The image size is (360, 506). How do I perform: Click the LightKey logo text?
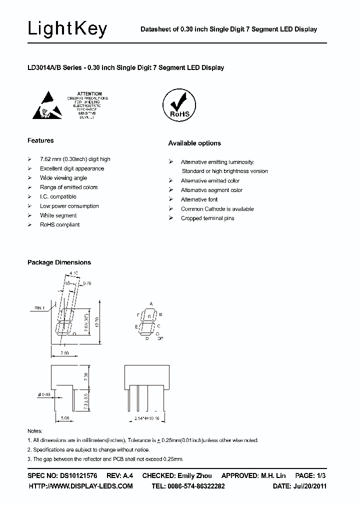click(x=67, y=29)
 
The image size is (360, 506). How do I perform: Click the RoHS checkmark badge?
click(x=178, y=105)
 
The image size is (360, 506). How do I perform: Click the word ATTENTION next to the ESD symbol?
click(x=90, y=93)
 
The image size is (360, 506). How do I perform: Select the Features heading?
click(x=40, y=140)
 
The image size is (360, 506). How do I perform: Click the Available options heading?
click(x=194, y=143)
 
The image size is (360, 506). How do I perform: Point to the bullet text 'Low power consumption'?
click(x=69, y=206)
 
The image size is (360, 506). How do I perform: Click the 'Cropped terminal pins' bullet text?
click(x=207, y=218)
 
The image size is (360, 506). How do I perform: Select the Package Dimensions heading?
click(x=59, y=262)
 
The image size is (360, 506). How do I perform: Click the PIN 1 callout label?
click(x=40, y=307)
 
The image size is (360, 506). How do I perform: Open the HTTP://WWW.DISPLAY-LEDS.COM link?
click(x=80, y=486)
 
